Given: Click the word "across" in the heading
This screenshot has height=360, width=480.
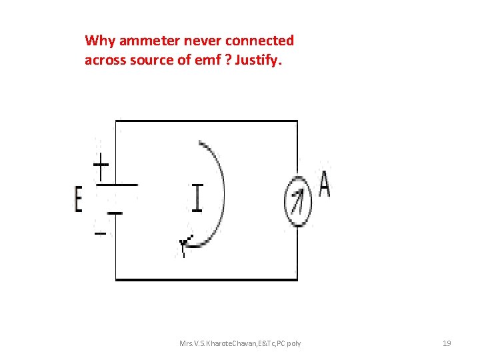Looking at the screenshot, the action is point(104,61).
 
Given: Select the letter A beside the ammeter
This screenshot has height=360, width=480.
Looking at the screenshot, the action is point(324,185).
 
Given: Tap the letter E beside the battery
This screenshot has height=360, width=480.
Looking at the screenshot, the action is point(79,200).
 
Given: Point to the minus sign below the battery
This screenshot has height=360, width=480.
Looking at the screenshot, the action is point(99,233).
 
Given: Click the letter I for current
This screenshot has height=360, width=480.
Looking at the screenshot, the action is point(197,197).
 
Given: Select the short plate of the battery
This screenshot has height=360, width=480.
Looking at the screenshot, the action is point(115,214).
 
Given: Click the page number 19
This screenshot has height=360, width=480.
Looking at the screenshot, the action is point(447,343).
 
